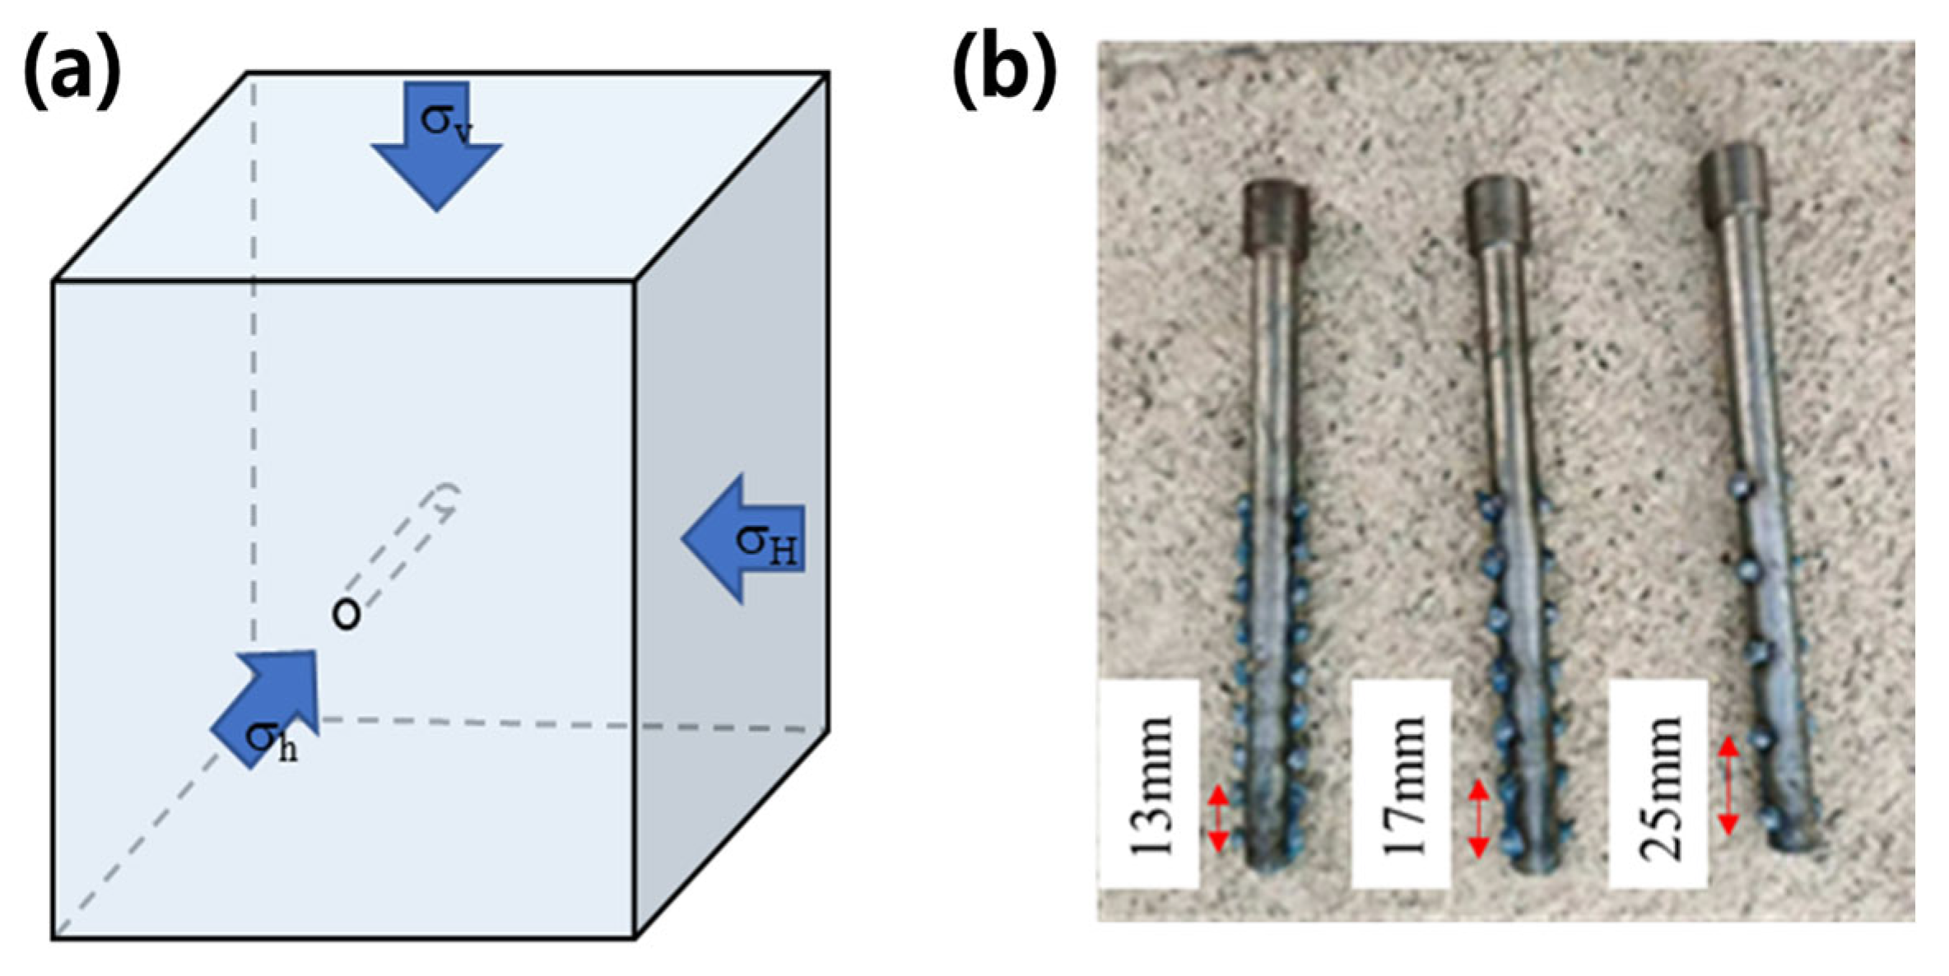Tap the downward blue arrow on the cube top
437,148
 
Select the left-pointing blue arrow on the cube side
741,539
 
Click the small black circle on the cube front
346,615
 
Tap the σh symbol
272,740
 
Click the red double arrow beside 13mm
1218,818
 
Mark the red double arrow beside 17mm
1479,818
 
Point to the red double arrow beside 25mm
1728,785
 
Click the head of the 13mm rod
1275,220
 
